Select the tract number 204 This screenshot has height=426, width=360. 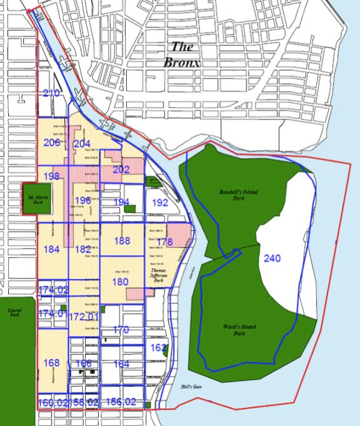click(82, 143)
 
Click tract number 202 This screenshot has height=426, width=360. click(121, 170)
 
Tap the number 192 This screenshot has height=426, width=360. click(160, 203)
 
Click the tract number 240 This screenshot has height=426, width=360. click(272, 258)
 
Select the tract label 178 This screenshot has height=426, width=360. click(164, 242)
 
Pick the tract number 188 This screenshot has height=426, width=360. click(122, 241)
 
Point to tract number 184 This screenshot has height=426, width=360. click(52, 249)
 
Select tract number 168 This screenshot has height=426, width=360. click(52, 362)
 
